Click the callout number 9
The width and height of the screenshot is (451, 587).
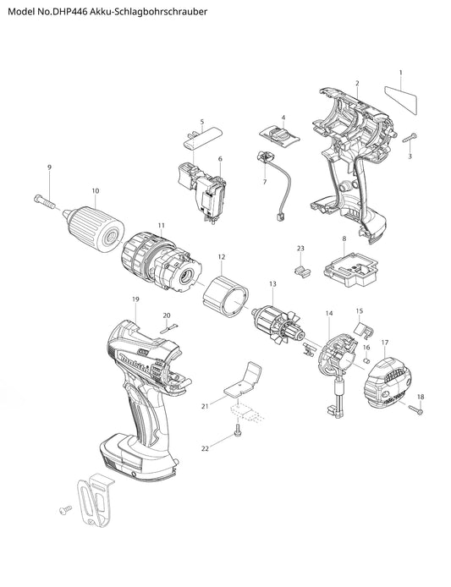click(x=49, y=167)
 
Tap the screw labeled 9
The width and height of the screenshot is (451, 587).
click(x=44, y=201)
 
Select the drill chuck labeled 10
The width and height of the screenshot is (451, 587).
click(x=94, y=228)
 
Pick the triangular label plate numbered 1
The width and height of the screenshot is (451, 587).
click(x=402, y=97)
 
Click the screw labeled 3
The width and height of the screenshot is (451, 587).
click(x=410, y=138)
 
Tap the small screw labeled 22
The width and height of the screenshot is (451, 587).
click(x=238, y=430)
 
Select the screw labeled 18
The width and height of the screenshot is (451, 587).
click(x=415, y=410)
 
